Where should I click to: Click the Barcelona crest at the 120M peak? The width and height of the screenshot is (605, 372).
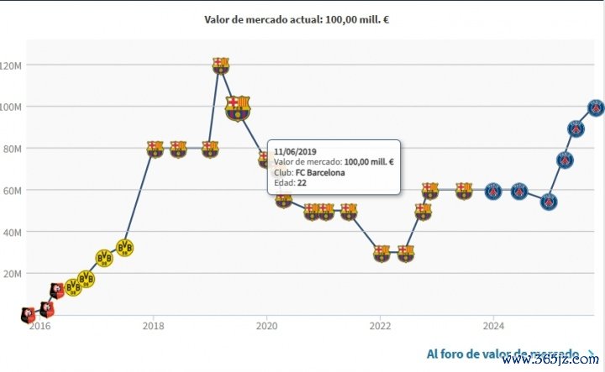point(220,65)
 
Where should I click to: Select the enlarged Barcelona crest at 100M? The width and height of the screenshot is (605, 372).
point(238,107)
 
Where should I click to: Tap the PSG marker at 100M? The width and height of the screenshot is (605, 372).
point(595,107)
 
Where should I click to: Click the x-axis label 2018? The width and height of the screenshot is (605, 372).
point(152,326)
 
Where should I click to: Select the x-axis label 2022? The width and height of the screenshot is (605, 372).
point(380,326)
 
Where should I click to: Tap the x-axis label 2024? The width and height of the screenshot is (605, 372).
point(493,326)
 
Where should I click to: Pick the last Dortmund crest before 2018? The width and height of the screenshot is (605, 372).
point(125,247)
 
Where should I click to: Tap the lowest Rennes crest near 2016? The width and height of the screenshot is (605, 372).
point(27,316)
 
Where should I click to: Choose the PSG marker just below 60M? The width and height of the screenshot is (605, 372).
point(549,202)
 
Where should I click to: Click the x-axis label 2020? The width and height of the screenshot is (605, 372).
point(266,326)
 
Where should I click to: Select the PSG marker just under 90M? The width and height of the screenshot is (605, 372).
point(576,128)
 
